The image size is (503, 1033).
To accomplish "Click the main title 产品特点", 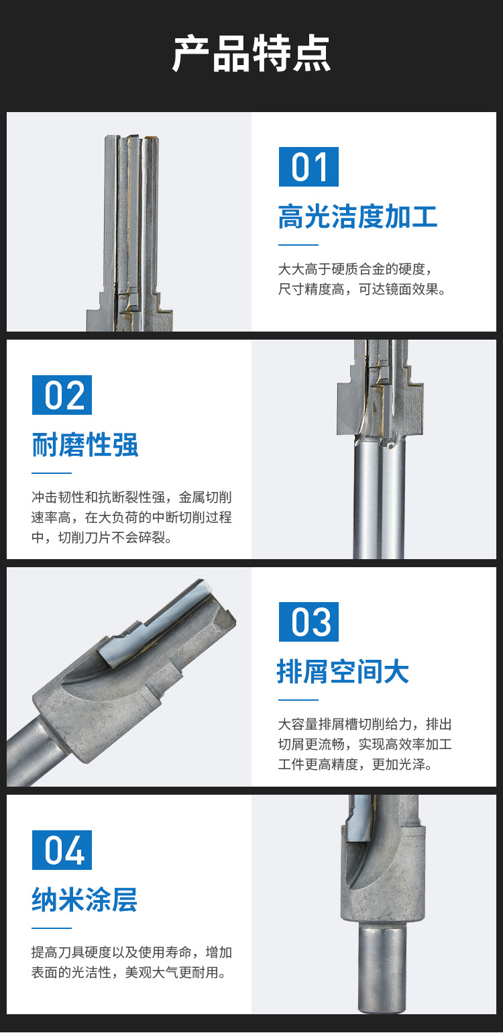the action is [x=251, y=53].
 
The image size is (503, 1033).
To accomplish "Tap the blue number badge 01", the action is [x=309, y=166].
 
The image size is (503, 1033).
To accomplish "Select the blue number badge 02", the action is [x=62, y=395].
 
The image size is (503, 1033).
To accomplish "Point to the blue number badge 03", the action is [x=309, y=622].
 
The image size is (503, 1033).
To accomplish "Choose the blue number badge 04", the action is [x=62, y=850].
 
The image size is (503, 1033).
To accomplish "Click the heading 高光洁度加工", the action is [x=358, y=217].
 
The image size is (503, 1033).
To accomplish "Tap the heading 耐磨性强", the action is [x=85, y=445].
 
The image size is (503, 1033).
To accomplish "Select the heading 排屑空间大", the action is [x=343, y=671].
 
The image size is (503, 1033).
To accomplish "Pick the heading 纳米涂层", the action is [x=85, y=899].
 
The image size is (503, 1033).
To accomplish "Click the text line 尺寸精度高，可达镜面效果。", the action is [x=362, y=289].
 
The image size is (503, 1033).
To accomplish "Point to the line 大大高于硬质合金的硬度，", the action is [x=355, y=269].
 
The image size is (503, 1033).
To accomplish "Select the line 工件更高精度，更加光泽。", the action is [x=355, y=764].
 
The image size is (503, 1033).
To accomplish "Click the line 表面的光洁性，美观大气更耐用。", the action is [x=129, y=972].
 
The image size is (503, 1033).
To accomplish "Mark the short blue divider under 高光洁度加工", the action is [x=298, y=245].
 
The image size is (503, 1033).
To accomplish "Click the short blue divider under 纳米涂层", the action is [x=52, y=928].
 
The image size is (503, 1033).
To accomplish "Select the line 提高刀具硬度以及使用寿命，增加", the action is [x=131, y=952].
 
